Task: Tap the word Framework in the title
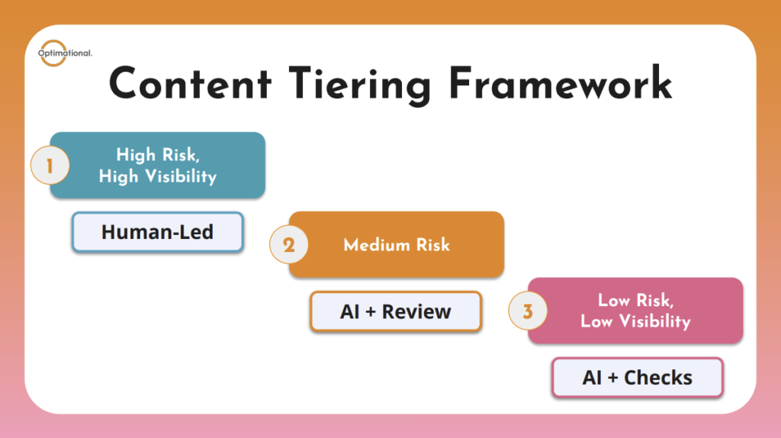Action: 560,84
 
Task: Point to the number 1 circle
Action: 50,166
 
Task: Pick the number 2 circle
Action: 288,245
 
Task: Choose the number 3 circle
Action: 528,311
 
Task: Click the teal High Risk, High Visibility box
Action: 158,166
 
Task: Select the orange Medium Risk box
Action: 397,245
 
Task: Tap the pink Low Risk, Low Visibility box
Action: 635,311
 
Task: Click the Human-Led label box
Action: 157,232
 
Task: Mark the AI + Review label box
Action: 396,311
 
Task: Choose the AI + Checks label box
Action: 637,378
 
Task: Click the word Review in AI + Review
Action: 416,311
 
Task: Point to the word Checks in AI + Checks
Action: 658,378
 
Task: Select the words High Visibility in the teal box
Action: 158,176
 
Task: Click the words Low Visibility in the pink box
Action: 635,321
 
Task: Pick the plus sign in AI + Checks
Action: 613,378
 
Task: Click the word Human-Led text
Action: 157,232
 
